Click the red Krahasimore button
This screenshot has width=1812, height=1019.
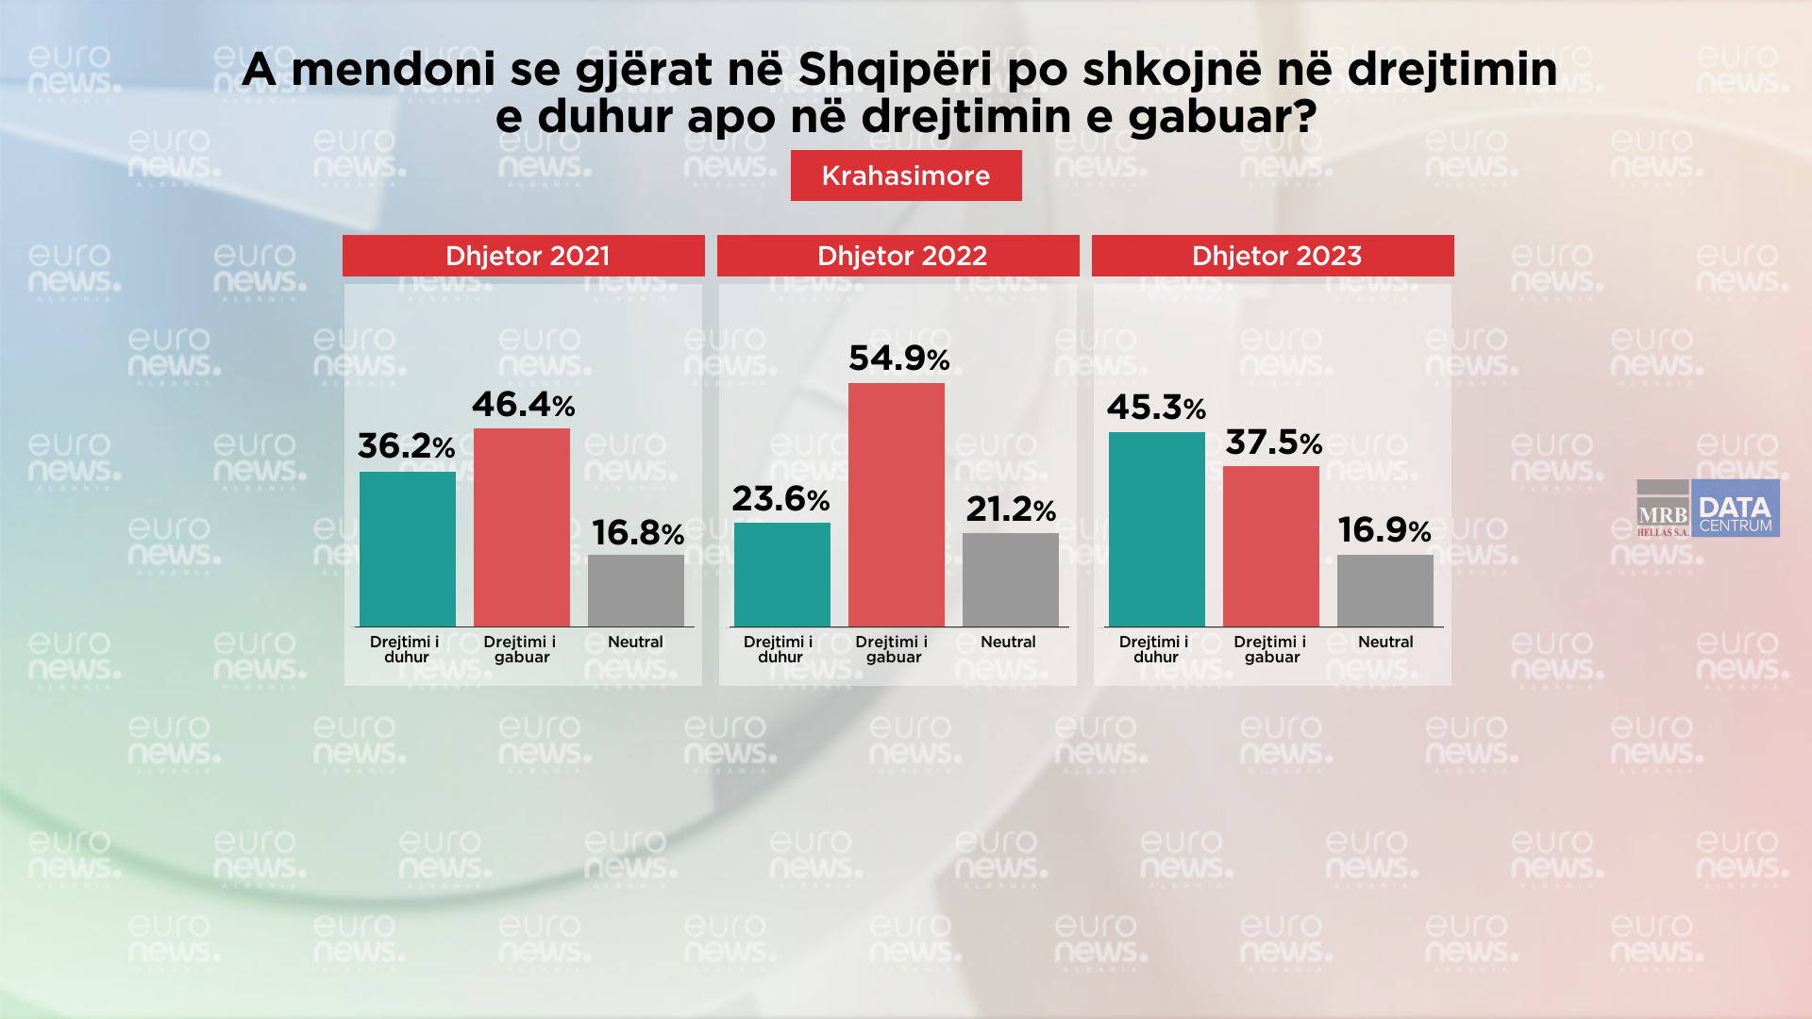pyautogui.click(x=906, y=175)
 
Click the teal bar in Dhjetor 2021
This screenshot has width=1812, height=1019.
pyautogui.click(x=408, y=549)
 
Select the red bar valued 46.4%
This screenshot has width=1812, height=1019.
pyautogui.click(x=522, y=527)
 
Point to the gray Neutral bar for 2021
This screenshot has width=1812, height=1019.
pyautogui.click(x=636, y=591)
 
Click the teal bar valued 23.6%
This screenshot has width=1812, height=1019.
pyautogui.click(x=782, y=575)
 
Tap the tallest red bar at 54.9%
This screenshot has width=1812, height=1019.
pyautogui.click(x=897, y=505)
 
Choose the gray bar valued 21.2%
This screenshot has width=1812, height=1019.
pyautogui.click(x=1011, y=579)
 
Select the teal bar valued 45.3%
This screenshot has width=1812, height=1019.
pyautogui.click(x=1157, y=529)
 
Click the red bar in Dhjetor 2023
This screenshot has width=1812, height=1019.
pyautogui.click(x=1271, y=546)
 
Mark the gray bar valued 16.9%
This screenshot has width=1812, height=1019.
pyautogui.click(x=1385, y=591)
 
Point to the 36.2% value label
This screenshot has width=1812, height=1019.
pyautogui.click(x=406, y=446)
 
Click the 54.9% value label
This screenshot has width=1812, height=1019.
pyautogui.click(x=898, y=359)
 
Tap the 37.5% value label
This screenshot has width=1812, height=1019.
pyautogui.click(x=1273, y=443)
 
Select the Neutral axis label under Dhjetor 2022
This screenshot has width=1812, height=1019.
pyautogui.click(x=1008, y=642)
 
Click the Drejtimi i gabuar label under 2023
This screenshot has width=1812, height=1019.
pyautogui.click(x=1271, y=649)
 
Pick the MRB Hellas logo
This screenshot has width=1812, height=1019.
pyautogui.click(x=1663, y=509)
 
